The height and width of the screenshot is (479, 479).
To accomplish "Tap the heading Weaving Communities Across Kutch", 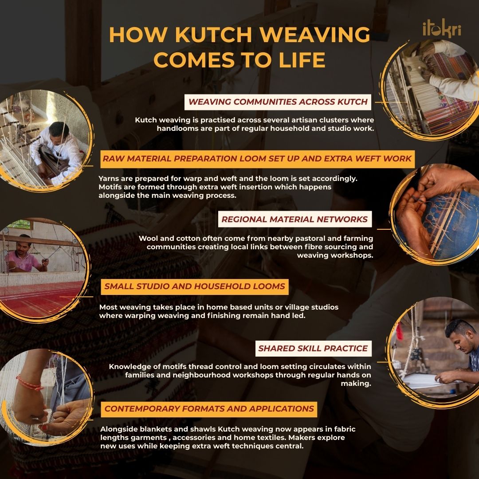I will (x=278, y=102).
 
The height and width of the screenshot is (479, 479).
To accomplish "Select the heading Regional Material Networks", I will (x=294, y=220).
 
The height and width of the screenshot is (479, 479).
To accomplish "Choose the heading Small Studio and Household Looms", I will (x=195, y=287).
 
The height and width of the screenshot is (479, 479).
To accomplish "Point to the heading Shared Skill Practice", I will (x=313, y=349).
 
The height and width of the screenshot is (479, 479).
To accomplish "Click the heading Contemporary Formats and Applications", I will (x=209, y=409).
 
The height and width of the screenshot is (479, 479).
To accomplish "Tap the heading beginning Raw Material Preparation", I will (x=257, y=159).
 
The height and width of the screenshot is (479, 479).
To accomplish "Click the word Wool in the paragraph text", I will (x=148, y=239).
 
